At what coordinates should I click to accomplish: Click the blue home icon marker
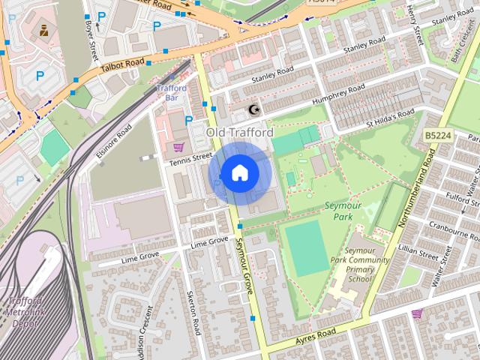[239, 173]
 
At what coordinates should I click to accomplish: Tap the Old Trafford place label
[239, 133]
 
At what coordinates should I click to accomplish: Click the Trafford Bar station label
[171, 92]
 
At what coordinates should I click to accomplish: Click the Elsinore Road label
[113, 138]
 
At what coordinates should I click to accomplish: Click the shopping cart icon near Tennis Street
[178, 146]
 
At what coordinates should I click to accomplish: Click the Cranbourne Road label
[452, 226]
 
